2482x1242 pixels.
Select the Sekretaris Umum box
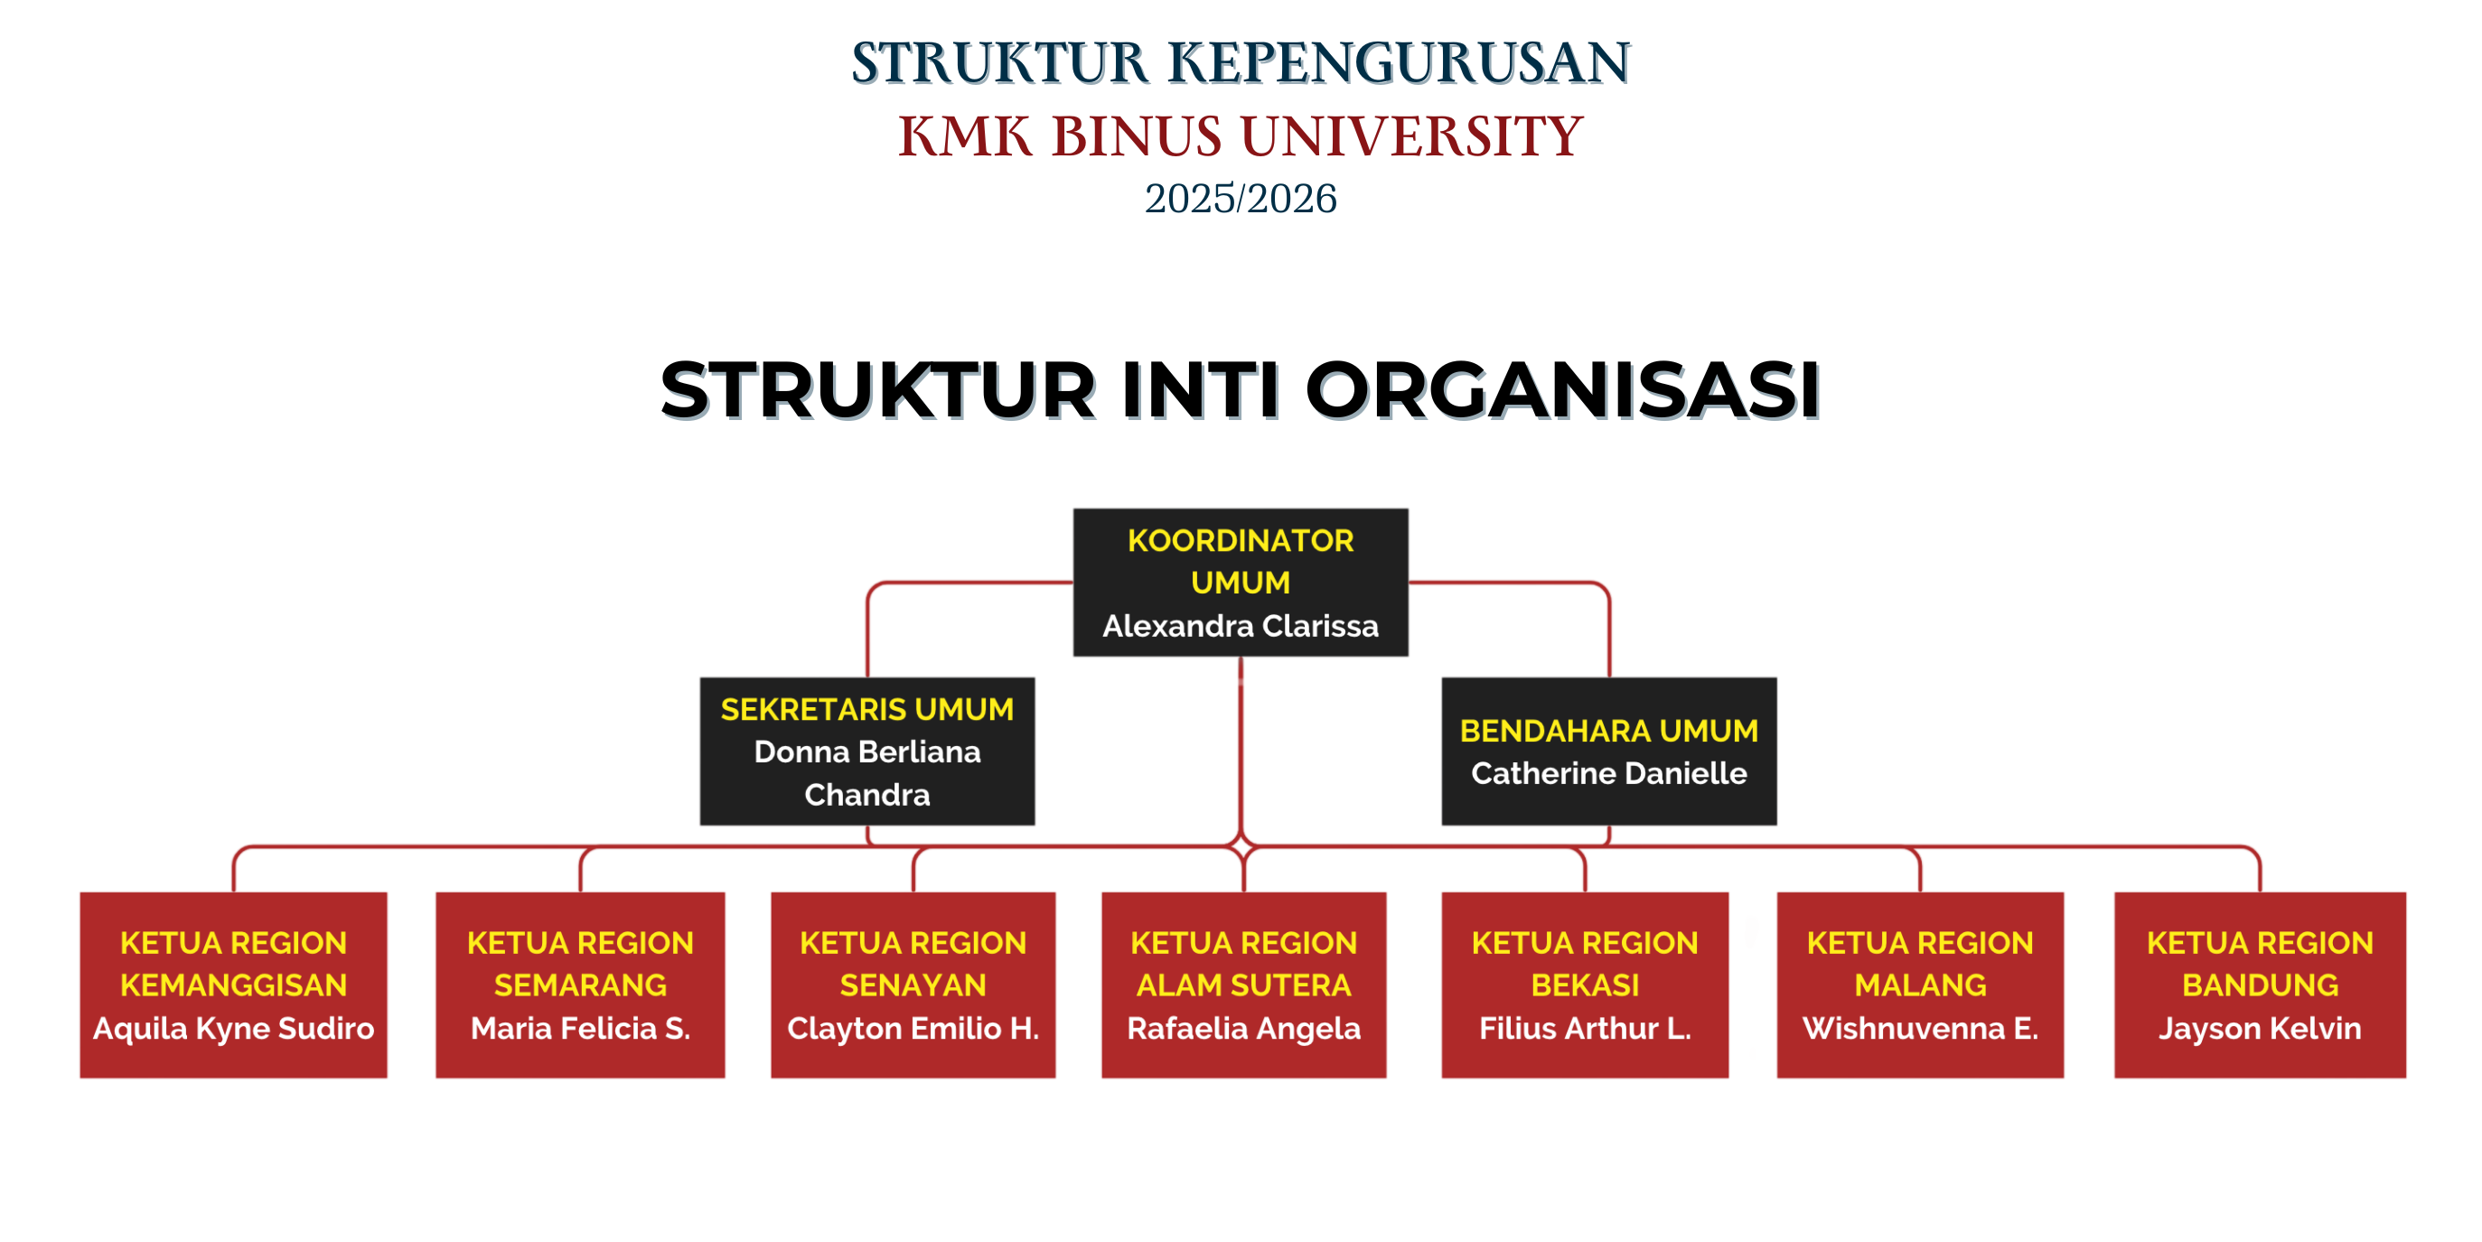pyautogui.click(x=867, y=751)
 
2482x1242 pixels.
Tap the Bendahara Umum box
pyautogui.click(x=1608, y=751)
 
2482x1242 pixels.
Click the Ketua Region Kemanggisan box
pyautogui.click(x=233, y=984)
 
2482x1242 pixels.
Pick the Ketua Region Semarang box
pyautogui.click(x=580, y=984)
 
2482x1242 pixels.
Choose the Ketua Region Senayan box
pyautogui.click(x=913, y=984)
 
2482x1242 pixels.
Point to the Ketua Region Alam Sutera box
pyautogui.click(x=1244, y=984)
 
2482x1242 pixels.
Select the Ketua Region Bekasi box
pyautogui.click(x=1584, y=984)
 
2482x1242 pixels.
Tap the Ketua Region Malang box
pyautogui.click(x=1919, y=984)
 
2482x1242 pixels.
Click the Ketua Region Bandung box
pyautogui.click(x=2260, y=984)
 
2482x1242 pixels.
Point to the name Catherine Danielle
pyautogui.click(x=1608, y=773)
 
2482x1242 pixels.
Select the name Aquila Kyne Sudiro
pyautogui.click(x=233, y=1029)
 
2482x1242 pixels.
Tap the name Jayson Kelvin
pyautogui.click(x=2260, y=1029)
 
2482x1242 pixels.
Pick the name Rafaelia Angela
pyautogui.click(x=1244, y=1029)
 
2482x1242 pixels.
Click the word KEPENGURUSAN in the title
pyautogui.click(x=1399, y=62)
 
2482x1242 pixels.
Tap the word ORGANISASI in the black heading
pyautogui.click(x=1562, y=390)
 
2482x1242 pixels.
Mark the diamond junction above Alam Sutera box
pyautogui.click(x=1242, y=847)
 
